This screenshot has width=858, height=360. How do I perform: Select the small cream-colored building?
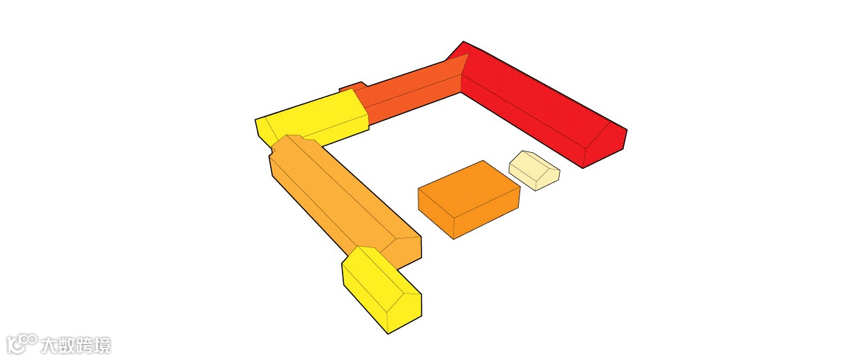[x=534, y=170]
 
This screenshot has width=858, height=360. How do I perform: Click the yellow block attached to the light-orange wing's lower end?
[x=382, y=289]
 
